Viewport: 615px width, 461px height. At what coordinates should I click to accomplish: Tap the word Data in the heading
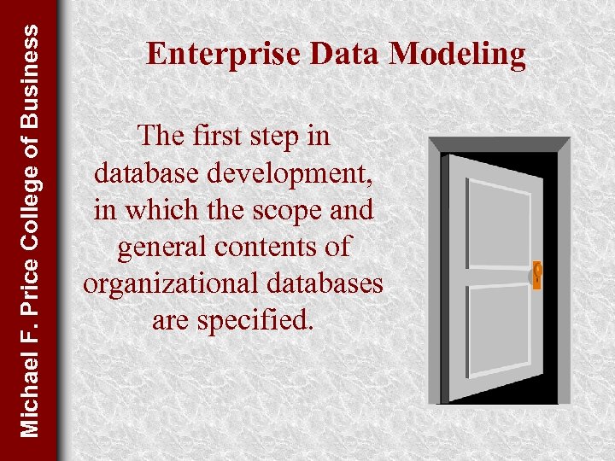coord(346,55)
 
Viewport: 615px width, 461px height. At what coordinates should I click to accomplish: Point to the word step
coord(284,136)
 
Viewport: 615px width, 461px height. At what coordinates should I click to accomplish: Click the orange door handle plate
coord(537,276)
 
